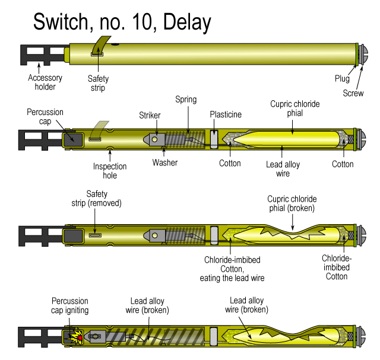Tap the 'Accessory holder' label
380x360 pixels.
(42, 82)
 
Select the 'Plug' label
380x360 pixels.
(342, 78)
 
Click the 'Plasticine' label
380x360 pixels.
(226, 114)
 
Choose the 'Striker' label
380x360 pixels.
(150, 114)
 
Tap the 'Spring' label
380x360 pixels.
(186, 100)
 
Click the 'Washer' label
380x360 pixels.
(164, 162)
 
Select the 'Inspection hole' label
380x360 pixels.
(110, 171)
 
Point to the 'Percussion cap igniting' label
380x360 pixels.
(70, 305)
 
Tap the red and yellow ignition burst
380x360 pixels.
(75, 337)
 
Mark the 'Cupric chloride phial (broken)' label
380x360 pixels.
(290, 203)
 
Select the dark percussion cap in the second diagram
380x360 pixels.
(74, 139)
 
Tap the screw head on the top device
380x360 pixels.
(362, 56)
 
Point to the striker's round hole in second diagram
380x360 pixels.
(154, 139)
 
